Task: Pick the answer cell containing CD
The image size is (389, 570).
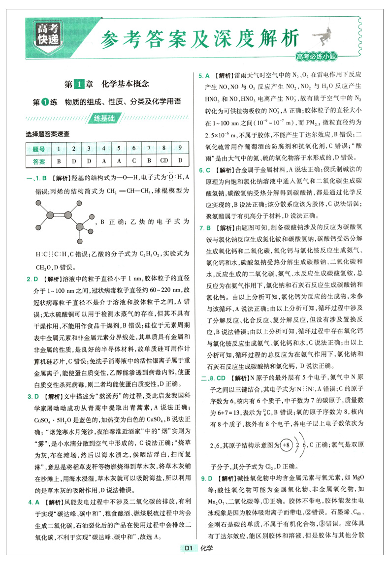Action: click(164, 161)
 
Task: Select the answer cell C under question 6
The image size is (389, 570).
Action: click(133, 161)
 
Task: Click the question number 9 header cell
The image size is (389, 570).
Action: click(180, 149)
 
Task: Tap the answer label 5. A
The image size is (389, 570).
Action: click(204, 76)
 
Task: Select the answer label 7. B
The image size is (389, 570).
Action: click(204, 228)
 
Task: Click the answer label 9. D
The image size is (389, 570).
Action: click(204, 477)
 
